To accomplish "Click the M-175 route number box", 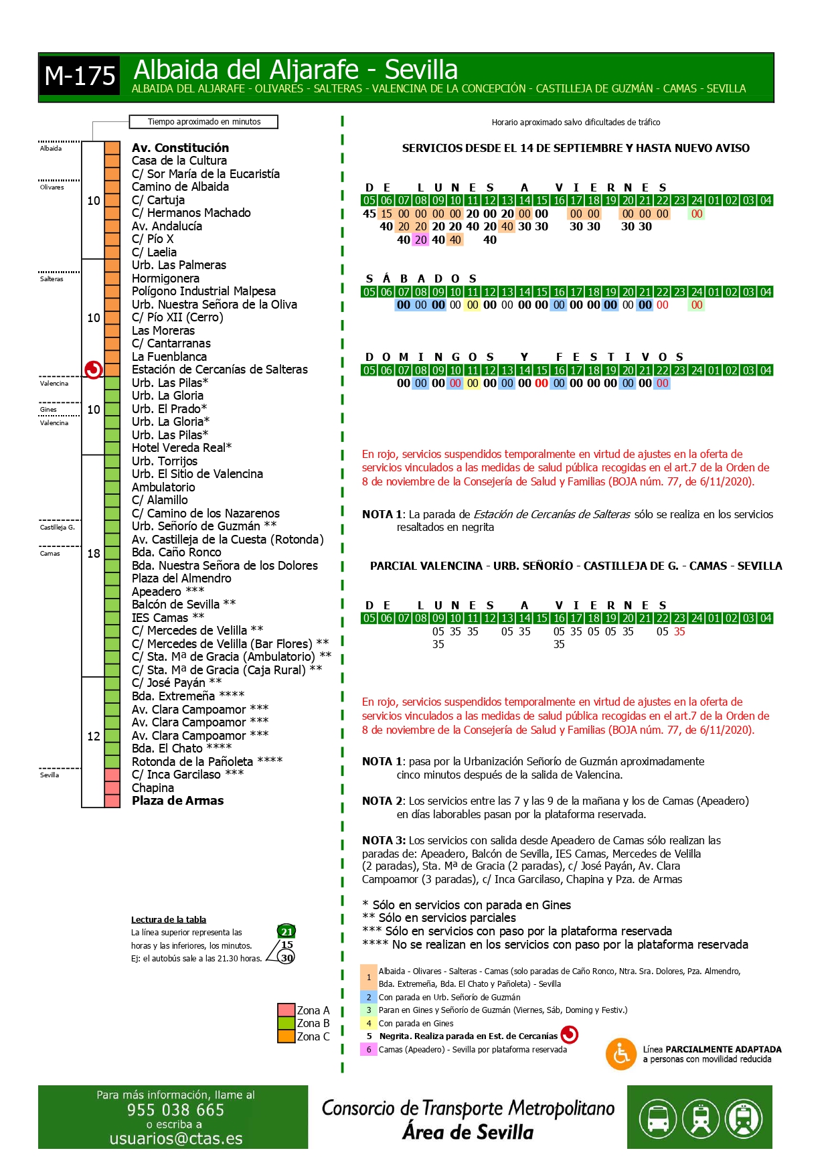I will [80, 76].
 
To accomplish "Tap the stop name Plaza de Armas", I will [177, 801].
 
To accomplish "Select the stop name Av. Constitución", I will [180, 147].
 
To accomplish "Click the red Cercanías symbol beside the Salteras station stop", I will [93, 370].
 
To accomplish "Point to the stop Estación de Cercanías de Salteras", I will [220, 370].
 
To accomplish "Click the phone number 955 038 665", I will [175, 1109].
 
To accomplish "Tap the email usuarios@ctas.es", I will [175, 1138].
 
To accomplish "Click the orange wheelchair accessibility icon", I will [620, 1054].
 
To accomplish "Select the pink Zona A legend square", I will [286, 1010].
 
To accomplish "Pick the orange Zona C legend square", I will [286, 1036].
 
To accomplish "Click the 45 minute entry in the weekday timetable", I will [369, 214].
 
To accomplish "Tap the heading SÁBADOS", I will [421, 279].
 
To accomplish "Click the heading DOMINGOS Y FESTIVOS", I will [524, 357].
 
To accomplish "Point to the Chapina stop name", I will [153, 788].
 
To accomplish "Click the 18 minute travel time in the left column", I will [94, 554].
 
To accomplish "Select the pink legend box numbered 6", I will [368, 1049].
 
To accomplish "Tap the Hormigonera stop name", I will [165, 279].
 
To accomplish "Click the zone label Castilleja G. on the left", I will [57, 528].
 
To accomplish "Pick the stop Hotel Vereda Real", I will [181, 448].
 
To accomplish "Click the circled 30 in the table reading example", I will [287, 958].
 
